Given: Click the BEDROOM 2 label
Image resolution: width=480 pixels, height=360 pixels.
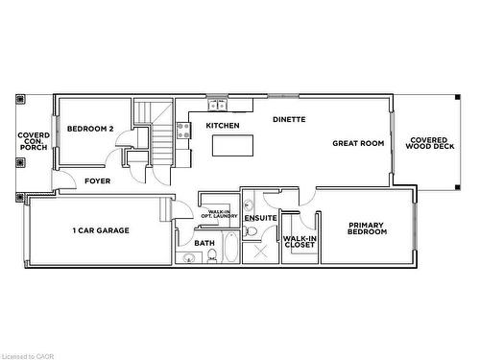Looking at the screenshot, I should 91,129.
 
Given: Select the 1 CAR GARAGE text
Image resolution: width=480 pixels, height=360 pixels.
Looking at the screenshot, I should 101,230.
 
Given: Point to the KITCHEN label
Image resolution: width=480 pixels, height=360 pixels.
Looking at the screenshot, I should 223,127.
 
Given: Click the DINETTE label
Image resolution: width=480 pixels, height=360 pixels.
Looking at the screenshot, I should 289,120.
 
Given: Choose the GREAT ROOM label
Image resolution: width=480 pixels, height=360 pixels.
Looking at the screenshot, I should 358,143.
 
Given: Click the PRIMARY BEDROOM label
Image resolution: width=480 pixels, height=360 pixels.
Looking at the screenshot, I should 367,228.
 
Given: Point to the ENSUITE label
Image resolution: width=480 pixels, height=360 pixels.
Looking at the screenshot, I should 260,219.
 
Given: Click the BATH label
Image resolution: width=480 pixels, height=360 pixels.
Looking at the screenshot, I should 204,243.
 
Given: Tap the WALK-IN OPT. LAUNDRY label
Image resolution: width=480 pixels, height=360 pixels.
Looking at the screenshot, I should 219,214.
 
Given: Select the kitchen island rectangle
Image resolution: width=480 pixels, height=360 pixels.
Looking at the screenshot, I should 233,146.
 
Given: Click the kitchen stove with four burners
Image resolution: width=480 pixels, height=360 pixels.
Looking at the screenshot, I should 181,132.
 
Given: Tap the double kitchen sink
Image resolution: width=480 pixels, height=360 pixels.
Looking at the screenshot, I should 218,103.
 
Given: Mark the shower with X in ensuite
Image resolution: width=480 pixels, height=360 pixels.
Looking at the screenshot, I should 256,252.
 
